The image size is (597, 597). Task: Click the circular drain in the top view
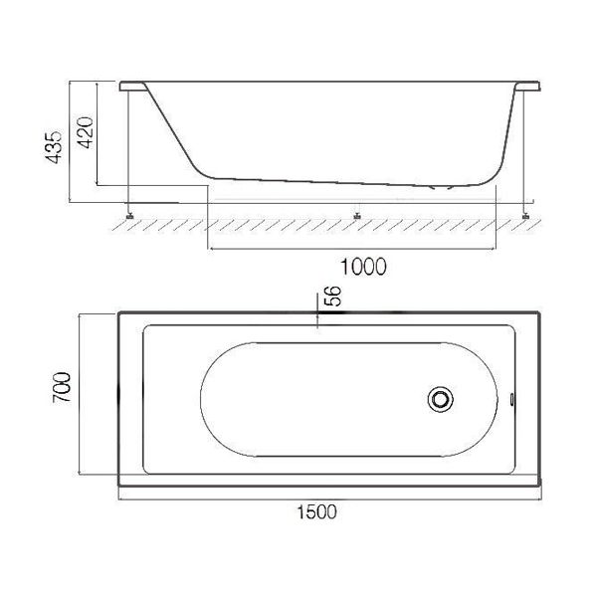pyautogui.click(x=440, y=399)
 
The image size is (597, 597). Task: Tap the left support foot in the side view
pyautogui.click(x=130, y=210)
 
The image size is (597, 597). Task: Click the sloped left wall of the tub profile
pyautogui.click(x=174, y=129)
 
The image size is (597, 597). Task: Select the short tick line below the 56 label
pyautogui.click(x=316, y=316)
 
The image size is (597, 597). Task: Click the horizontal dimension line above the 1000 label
pyautogui.click(x=350, y=248)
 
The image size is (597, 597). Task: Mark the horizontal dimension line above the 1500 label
pyautogui.click(x=329, y=495)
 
